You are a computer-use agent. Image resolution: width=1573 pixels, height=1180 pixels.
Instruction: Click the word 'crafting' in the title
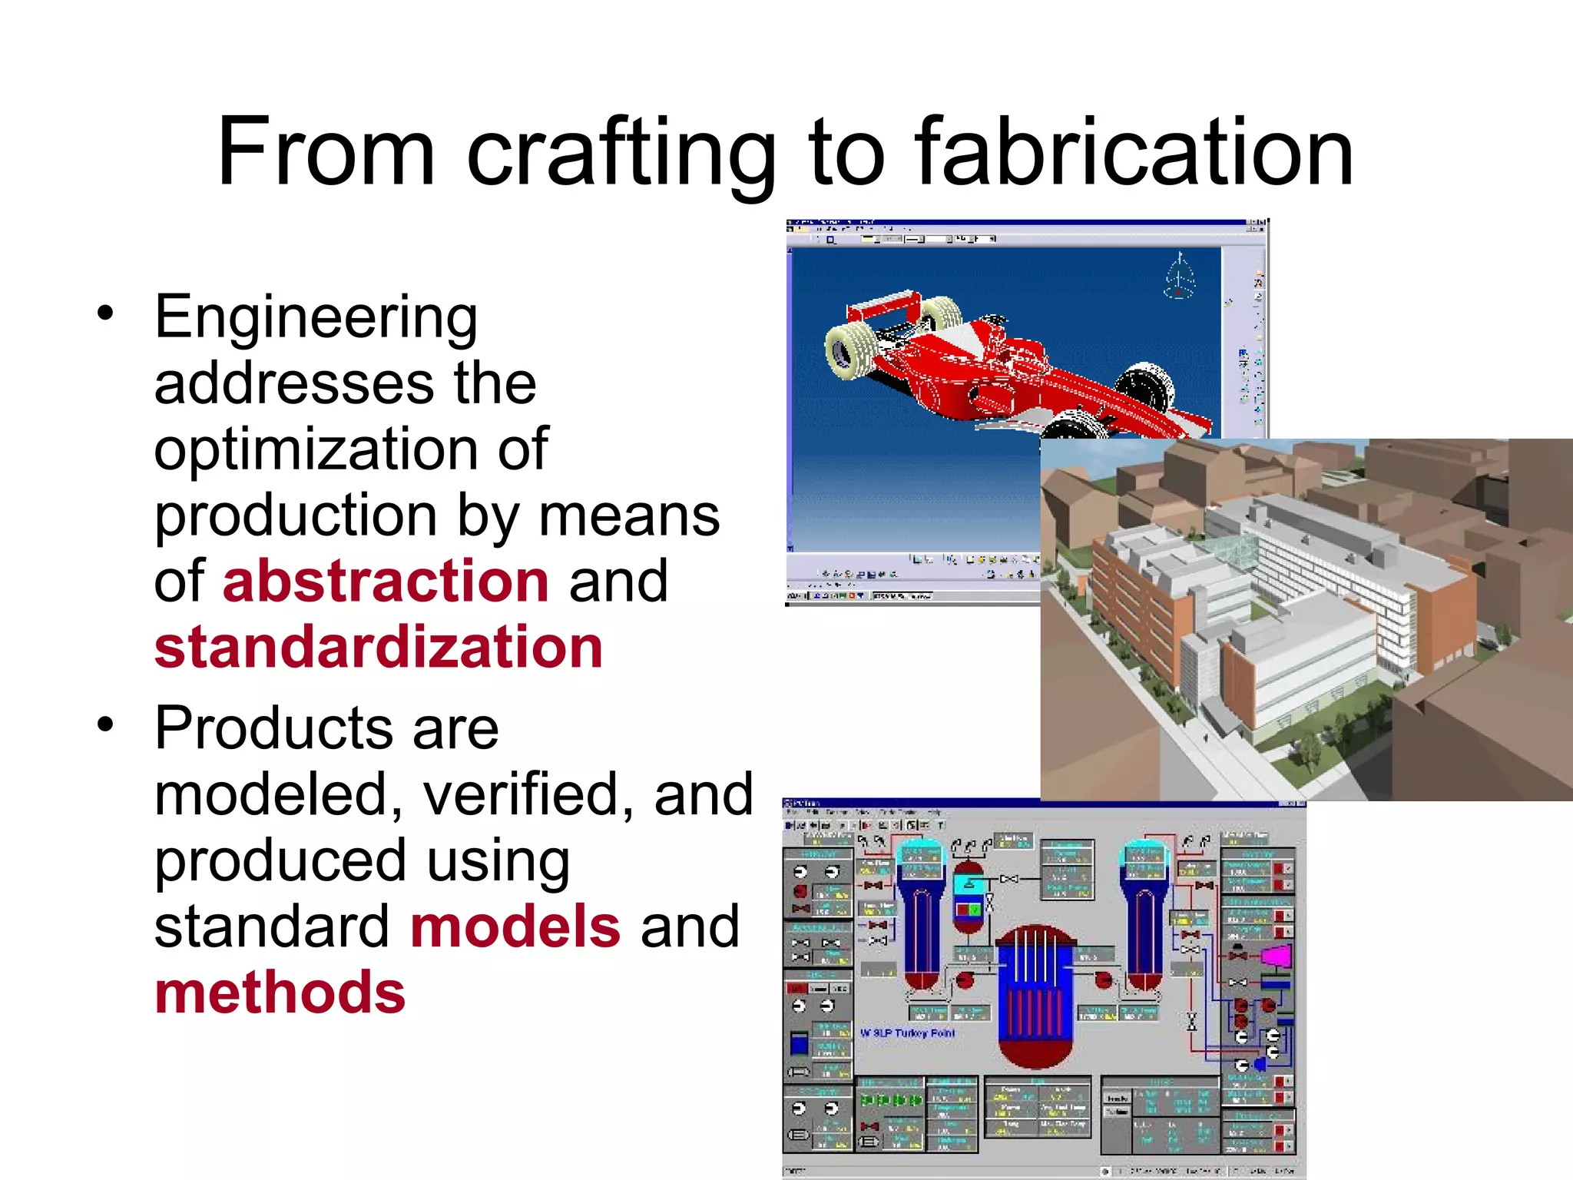pyautogui.click(x=621, y=154)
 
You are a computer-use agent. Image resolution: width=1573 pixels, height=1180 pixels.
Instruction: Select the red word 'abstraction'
pyautogui.click(x=386, y=582)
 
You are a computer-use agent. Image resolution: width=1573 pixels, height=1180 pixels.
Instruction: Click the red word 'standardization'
pyautogui.click(x=378, y=648)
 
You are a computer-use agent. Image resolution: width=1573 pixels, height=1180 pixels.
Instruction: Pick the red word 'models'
pyautogui.click(x=515, y=926)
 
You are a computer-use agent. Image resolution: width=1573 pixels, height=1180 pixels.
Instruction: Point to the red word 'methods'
pyautogui.click(x=280, y=993)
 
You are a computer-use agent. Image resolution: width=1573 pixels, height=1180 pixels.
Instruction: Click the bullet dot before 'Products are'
pyautogui.click(x=105, y=724)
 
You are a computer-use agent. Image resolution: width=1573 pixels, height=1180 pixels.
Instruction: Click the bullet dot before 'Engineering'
pyautogui.click(x=105, y=313)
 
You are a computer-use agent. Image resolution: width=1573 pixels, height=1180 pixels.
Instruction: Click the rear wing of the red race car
pyautogui.click(x=883, y=307)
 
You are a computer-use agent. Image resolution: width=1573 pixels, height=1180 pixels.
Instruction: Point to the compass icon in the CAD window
pyautogui.click(x=1179, y=275)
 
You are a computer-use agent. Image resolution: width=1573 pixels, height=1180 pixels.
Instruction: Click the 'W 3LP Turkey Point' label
pyautogui.click(x=907, y=1033)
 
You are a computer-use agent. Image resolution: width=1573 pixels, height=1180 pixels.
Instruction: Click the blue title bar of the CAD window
pyautogui.click(x=1022, y=224)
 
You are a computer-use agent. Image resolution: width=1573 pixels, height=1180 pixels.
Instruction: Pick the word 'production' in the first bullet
pyautogui.click(x=296, y=515)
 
